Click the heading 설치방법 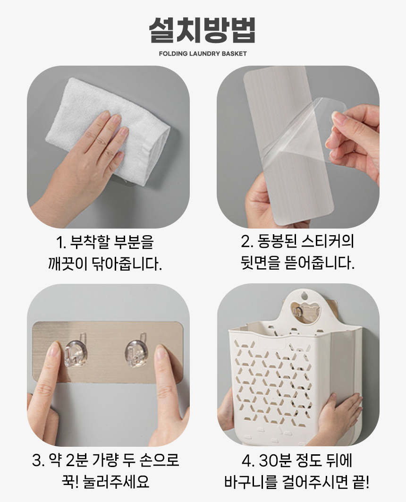pos(203,30)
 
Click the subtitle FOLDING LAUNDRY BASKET pos(203,54)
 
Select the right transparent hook pos(137,351)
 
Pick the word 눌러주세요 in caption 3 pos(116,482)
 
